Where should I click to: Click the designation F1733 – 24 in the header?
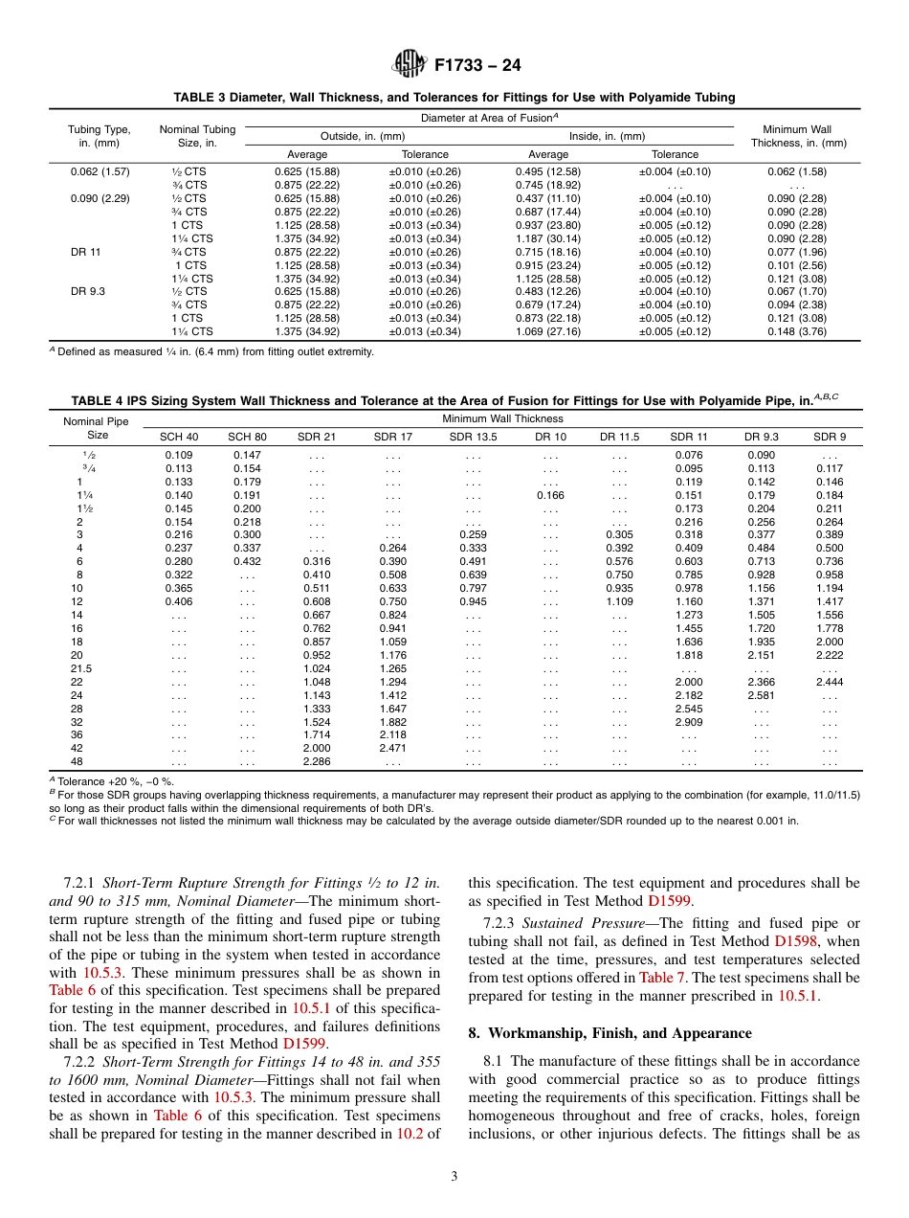(477, 66)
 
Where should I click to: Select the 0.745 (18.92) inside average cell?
(547, 185)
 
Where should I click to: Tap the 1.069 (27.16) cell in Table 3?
(547, 331)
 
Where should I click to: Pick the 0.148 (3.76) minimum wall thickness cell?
(797, 331)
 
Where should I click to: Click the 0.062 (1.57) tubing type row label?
(100, 171)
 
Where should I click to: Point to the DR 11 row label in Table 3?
(85, 252)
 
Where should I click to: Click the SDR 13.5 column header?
(474, 437)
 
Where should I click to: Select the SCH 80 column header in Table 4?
(248, 437)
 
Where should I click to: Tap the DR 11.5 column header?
(619, 437)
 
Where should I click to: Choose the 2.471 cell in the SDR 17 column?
(393, 747)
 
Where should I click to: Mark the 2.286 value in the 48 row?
(318, 761)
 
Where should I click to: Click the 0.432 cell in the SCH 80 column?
(248, 560)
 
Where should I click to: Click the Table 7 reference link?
(655, 978)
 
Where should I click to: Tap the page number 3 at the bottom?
(454, 1177)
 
